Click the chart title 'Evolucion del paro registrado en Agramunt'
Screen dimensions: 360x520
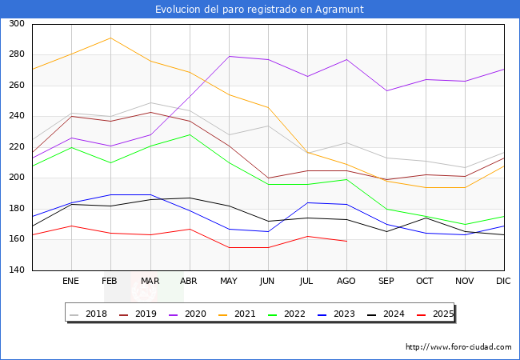[x=259, y=10]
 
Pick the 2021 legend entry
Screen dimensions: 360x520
[x=254, y=314]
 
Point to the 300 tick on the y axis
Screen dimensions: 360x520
[x=17, y=24]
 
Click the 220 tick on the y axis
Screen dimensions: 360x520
[x=17, y=147]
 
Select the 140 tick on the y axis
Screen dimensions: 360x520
[x=17, y=270]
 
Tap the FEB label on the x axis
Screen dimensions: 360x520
[x=110, y=282]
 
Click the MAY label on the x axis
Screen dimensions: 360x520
[x=229, y=282]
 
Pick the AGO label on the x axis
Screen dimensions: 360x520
[x=346, y=282]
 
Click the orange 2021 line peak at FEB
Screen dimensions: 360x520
[x=110, y=38]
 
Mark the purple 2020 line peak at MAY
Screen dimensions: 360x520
[x=229, y=56]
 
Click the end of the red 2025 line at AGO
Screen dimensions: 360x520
[x=346, y=241]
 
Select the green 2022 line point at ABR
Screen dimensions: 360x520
[x=189, y=134]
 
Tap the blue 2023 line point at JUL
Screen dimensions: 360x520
[x=307, y=202]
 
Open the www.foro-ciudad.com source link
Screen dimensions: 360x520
[x=458, y=347]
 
